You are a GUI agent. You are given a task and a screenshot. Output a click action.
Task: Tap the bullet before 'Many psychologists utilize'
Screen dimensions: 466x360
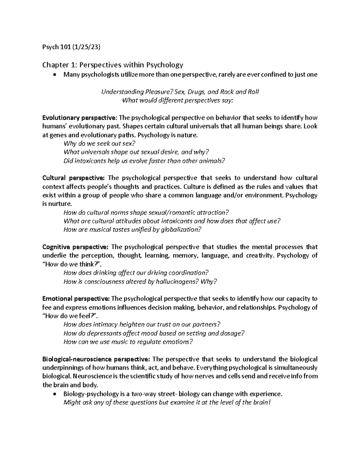point(54,75)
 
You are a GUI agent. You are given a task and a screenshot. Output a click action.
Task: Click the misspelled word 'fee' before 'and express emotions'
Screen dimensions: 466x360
point(46,308)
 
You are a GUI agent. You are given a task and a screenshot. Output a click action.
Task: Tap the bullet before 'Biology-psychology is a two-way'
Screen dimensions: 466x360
point(54,394)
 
